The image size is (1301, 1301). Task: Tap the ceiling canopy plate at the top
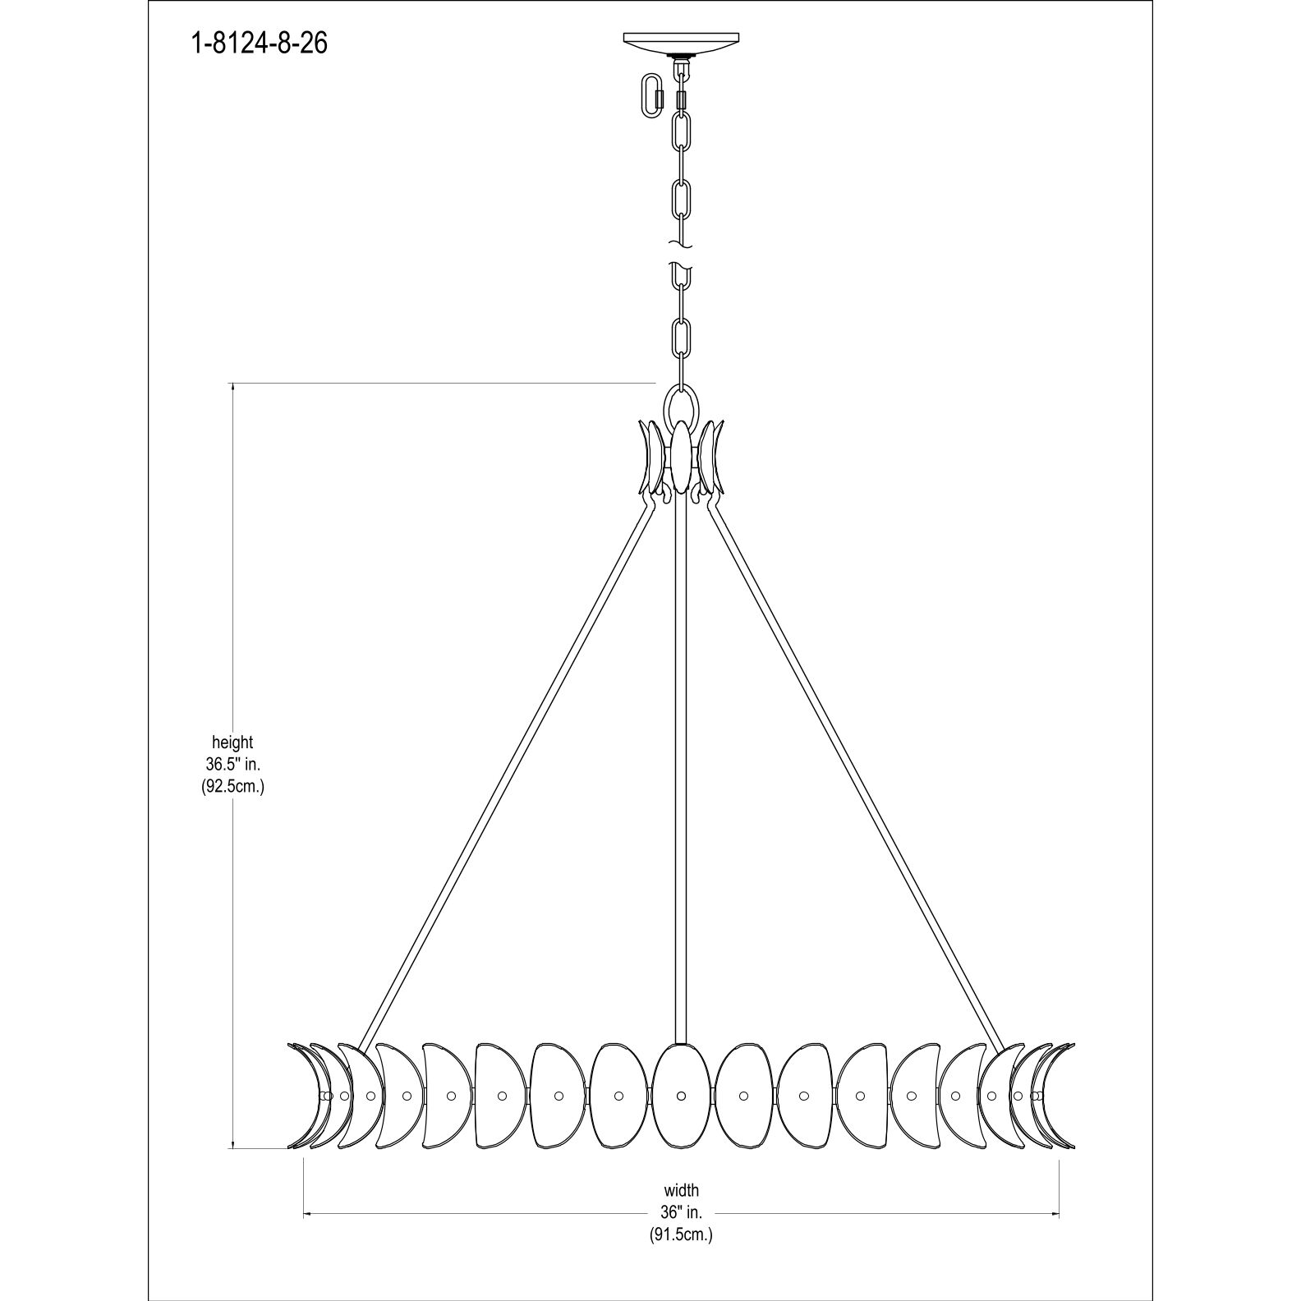pyautogui.click(x=681, y=42)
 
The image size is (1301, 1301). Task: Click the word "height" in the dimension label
pyautogui.click(x=232, y=742)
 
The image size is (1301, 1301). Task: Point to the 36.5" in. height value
pyautogui.click(x=232, y=764)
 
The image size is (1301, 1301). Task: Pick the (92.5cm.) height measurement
pyautogui.click(x=232, y=786)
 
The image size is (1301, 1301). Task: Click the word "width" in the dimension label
pyautogui.click(x=681, y=1189)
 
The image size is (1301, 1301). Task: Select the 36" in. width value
pyautogui.click(x=681, y=1211)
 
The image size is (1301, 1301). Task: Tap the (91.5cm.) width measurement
pyautogui.click(x=681, y=1234)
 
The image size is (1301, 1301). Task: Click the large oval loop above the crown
pyautogui.click(x=681, y=405)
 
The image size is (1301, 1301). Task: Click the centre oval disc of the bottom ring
pyautogui.click(x=681, y=1096)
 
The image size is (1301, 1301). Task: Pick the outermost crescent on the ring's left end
pyautogui.click(x=301, y=1096)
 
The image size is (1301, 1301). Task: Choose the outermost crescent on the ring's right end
pyautogui.click(x=1063, y=1096)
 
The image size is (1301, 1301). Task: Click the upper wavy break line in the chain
pyautogui.click(x=681, y=245)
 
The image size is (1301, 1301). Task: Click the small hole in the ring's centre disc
pyautogui.click(x=681, y=1096)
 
